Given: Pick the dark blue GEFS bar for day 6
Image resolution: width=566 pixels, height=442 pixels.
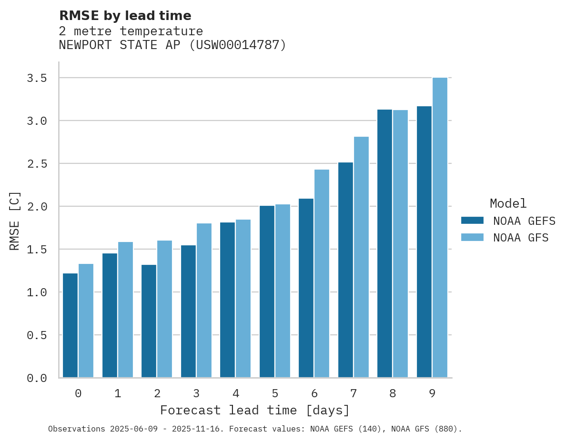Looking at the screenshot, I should (306, 288).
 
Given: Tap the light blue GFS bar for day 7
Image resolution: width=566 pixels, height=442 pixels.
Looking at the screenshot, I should (361, 257).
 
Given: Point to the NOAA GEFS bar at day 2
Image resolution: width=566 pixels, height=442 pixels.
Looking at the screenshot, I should (149, 321).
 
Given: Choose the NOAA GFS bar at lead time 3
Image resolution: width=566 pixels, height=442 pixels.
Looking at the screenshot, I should (204, 301).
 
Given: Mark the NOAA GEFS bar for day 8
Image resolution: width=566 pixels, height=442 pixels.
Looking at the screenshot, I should (384, 243).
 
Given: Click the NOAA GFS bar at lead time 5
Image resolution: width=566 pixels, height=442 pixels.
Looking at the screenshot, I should (283, 291).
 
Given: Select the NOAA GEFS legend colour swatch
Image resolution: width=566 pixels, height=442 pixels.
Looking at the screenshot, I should (472, 221).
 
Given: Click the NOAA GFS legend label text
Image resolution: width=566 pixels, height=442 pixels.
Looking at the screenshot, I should (521, 238).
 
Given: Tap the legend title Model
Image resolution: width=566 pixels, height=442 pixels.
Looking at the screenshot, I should (508, 204).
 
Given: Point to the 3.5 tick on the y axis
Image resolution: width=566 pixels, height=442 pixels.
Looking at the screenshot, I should (37, 78).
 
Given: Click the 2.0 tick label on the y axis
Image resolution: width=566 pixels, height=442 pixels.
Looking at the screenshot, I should (37, 207).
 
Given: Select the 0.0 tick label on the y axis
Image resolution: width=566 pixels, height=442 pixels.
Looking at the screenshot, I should (37, 378).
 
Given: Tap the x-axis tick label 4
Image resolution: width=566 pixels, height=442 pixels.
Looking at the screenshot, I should (236, 393).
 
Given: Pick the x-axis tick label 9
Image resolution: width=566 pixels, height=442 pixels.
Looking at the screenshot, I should (432, 393).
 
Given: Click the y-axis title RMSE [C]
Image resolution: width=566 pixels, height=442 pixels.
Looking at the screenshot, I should (15, 221).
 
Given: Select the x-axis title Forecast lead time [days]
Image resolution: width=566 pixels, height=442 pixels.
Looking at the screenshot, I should (255, 410).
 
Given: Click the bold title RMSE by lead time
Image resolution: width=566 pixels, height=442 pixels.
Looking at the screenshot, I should (125, 16).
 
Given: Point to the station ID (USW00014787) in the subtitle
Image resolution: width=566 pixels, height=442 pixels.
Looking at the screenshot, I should (238, 45).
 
